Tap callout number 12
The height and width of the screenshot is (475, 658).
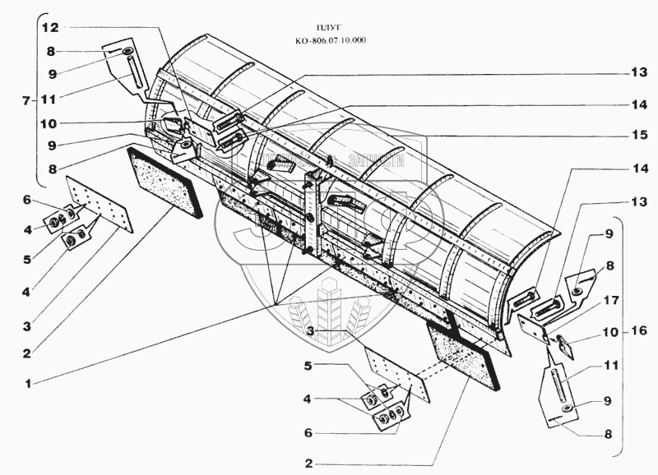click(50, 27)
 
